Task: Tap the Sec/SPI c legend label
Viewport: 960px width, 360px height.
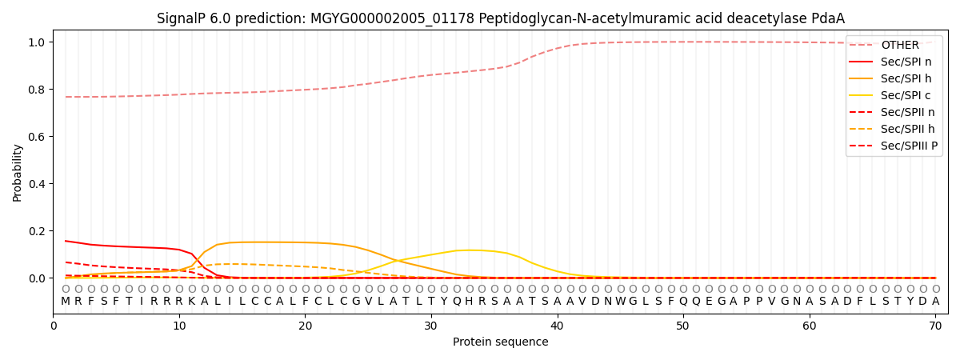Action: (906, 95)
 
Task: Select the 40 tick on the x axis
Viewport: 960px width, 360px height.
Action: (557, 326)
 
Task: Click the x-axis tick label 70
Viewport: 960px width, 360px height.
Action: (935, 326)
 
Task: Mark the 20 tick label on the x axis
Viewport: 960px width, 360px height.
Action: (305, 326)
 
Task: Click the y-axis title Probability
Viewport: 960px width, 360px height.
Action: (17, 173)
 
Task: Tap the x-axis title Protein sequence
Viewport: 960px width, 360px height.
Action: (501, 342)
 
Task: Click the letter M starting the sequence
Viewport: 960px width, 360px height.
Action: (66, 302)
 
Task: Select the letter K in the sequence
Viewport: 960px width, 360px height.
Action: (192, 302)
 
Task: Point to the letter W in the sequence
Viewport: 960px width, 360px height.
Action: (621, 302)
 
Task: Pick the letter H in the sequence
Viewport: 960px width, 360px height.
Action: (470, 302)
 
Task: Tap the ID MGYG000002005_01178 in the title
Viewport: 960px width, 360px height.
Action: (393, 19)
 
